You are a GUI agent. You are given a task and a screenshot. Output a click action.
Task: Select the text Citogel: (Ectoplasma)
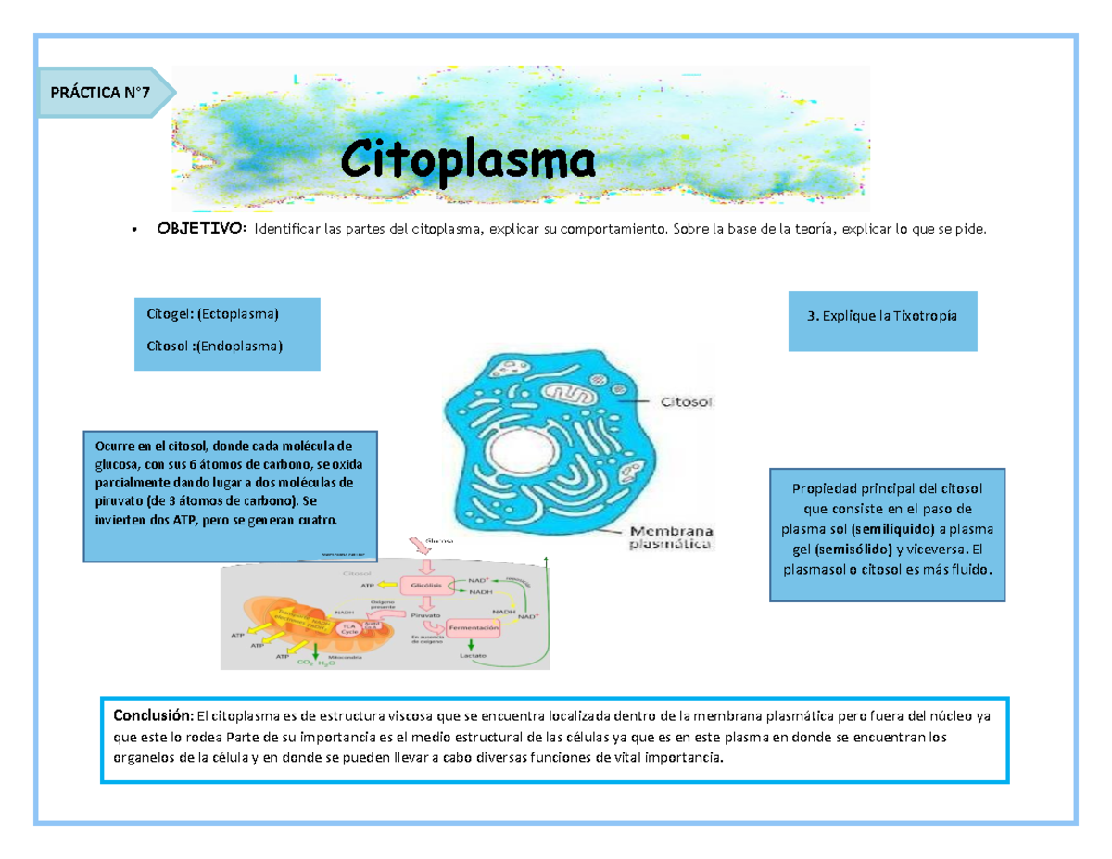tap(212, 315)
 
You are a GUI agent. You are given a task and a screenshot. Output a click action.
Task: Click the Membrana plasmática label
tap(671, 538)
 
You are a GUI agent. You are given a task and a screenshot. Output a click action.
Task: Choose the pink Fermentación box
tap(474, 626)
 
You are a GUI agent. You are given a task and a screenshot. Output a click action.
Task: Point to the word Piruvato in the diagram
tap(426, 613)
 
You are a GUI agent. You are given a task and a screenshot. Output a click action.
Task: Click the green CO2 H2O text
tap(315, 663)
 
